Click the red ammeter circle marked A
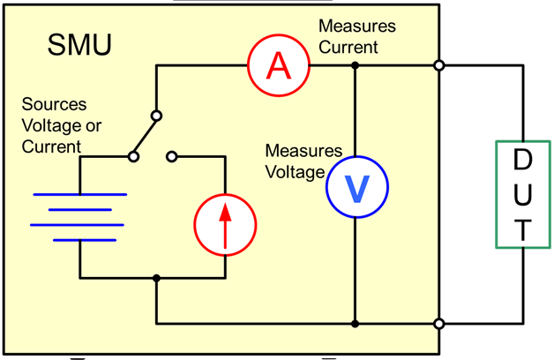click(x=278, y=64)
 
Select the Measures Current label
click(x=357, y=36)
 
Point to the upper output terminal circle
click(x=438, y=64)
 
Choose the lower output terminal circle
click(x=438, y=323)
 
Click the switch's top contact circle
click(x=156, y=115)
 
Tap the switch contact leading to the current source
click(x=172, y=157)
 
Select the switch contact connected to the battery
click(x=133, y=157)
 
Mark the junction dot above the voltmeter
click(x=355, y=64)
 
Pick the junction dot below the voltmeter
click(x=355, y=323)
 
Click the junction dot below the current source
click(x=156, y=279)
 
